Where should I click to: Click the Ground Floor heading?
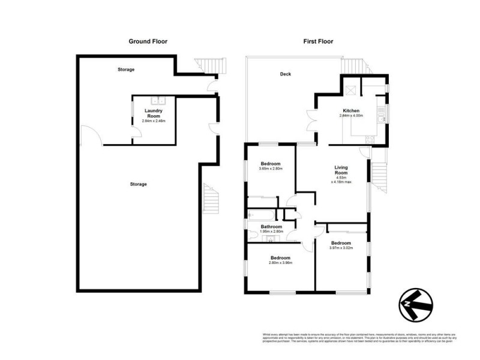[x=148, y=41]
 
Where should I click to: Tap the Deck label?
[x=285, y=75]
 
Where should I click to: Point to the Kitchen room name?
[x=351, y=111]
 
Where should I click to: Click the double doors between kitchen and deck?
[x=311, y=120]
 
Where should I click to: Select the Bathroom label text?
[x=271, y=226]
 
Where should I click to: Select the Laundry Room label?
[x=154, y=113]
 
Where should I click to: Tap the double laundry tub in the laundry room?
[x=156, y=100]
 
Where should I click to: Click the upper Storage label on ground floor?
[x=126, y=70]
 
